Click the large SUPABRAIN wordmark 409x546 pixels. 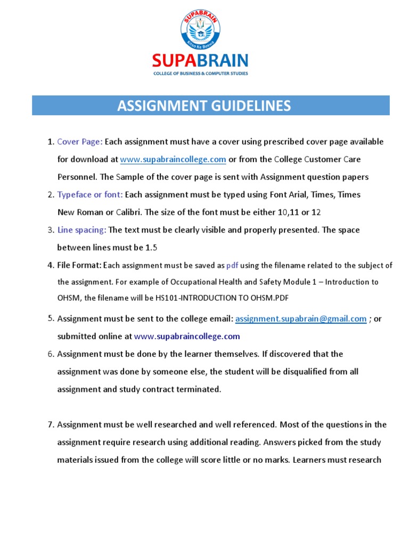click(200, 60)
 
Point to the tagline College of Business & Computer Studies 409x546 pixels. click(200, 73)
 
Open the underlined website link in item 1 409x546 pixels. click(173, 159)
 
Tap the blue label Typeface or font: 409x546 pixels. click(90, 195)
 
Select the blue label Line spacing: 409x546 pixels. click(82, 230)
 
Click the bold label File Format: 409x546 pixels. click(79, 265)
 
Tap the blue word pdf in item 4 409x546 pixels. click(232, 265)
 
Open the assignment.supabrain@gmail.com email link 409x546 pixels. click(301, 319)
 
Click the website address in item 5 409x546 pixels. click(187, 336)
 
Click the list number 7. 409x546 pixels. click(51, 425)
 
